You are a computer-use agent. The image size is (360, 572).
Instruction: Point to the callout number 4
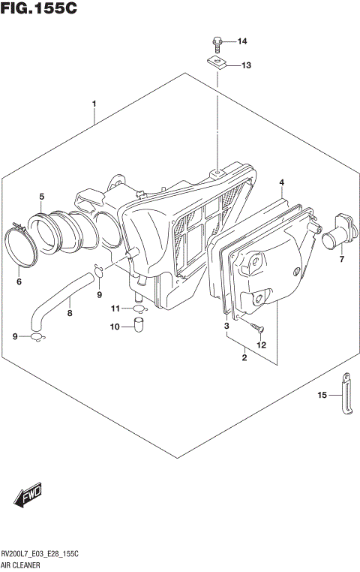pos(282,182)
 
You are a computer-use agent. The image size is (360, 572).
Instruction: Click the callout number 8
pos(70,315)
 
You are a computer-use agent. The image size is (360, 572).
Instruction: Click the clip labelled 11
pos(136,308)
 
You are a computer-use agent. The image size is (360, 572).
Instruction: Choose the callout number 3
pos(226,327)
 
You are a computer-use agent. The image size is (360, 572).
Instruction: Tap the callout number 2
pos(244,358)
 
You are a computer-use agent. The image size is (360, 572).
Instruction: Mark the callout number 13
pos(246,66)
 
